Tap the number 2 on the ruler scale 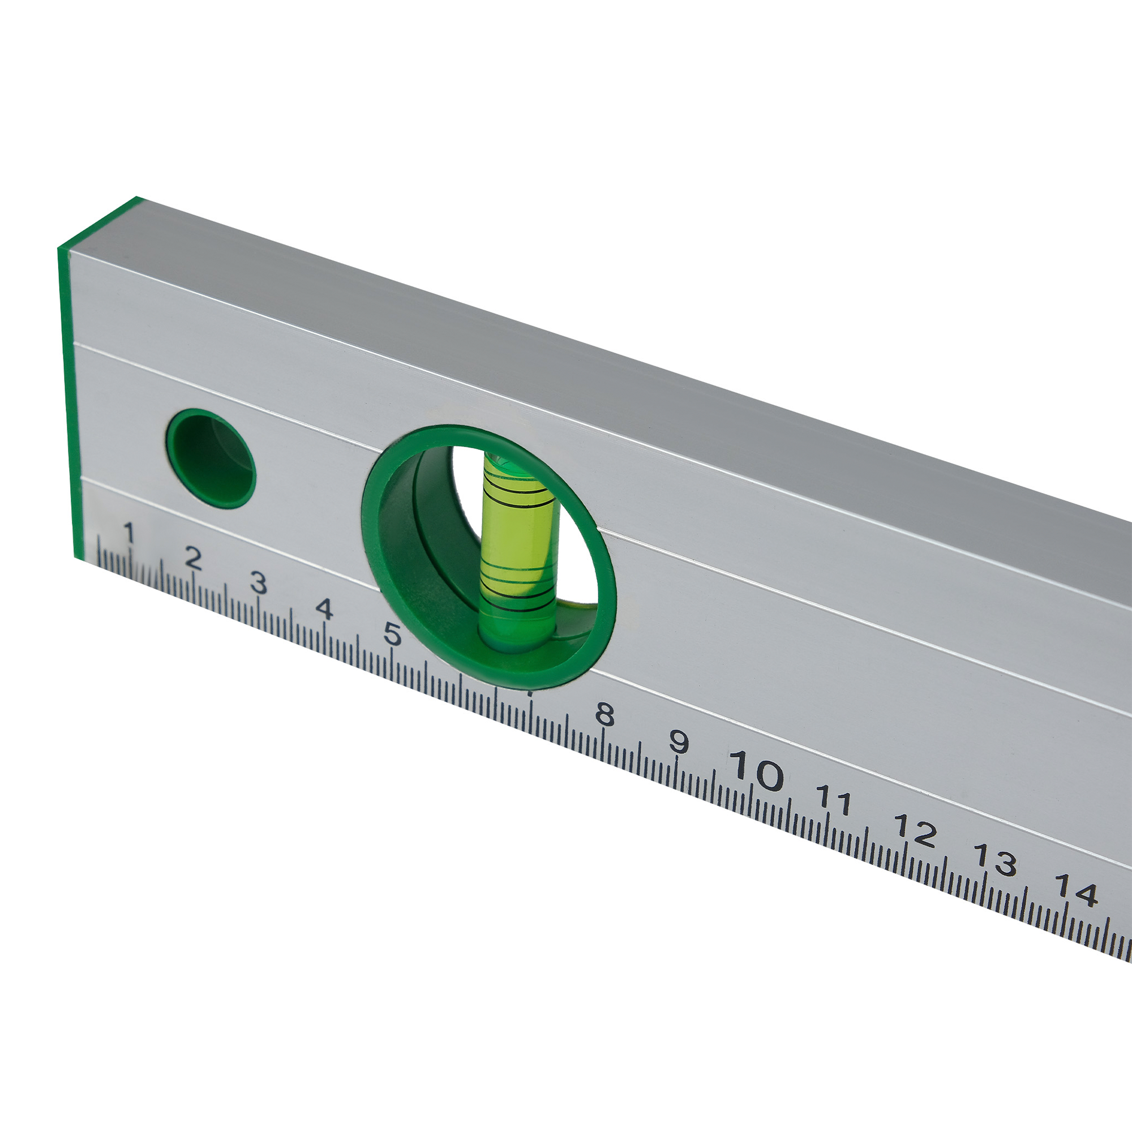[x=193, y=559]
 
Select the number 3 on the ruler [x=259, y=584]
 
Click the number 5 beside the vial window [x=392, y=634]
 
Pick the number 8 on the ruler [x=604, y=715]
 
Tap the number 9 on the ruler [x=679, y=743]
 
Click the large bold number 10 [x=756, y=770]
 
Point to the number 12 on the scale [x=915, y=831]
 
